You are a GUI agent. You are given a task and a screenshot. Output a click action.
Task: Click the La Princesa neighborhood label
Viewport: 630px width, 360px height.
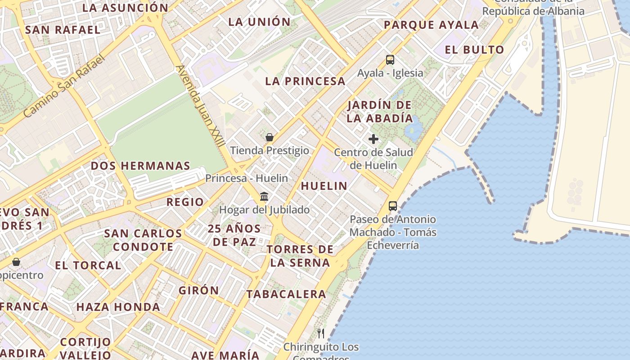click(305, 81)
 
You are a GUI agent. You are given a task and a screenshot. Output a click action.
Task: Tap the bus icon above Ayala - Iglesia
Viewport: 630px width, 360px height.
click(390, 59)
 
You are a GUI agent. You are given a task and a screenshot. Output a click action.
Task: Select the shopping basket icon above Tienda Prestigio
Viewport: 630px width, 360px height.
click(270, 137)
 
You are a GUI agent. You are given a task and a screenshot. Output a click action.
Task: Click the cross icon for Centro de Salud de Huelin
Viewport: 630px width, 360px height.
click(373, 139)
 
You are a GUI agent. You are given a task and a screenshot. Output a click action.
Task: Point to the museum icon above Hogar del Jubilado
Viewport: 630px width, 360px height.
click(264, 197)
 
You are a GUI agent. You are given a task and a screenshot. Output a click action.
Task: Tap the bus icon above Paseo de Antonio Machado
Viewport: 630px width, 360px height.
click(393, 206)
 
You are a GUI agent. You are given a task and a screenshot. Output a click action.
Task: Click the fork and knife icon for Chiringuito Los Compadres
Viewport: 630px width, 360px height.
click(321, 333)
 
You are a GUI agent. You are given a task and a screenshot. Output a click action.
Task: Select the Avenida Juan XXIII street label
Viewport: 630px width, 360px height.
click(200, 106)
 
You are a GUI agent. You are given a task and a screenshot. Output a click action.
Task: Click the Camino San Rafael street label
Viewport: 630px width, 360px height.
click(63, 86)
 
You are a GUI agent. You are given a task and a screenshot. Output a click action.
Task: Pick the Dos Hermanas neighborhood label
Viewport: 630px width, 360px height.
click(140, 166)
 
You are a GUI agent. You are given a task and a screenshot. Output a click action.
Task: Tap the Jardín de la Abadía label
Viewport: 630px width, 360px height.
click(380, 112)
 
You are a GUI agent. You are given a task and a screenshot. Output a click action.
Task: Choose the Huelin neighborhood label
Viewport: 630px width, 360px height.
click(324, 186)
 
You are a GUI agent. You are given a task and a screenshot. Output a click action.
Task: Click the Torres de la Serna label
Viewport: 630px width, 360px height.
click(300, 256)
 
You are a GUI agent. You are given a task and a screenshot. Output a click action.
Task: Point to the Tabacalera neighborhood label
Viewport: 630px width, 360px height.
click(286, 294)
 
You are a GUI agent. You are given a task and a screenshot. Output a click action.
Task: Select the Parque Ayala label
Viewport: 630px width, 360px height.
click(431, 25)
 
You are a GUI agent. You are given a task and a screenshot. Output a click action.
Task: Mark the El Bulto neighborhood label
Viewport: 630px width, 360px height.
click(474, 50)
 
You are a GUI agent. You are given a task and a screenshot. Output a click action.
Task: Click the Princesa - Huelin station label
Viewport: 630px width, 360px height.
click(247, 178)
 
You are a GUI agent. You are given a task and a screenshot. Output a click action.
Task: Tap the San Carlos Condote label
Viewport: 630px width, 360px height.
click(143, 240)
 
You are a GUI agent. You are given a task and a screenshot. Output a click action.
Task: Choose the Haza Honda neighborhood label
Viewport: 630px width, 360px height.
click(118, 307)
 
